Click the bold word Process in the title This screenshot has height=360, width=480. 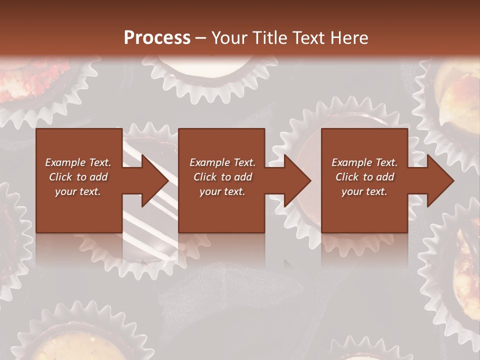157,38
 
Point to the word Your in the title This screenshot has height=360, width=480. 230,38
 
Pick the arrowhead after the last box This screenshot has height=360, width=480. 439,180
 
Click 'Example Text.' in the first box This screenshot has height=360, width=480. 78,162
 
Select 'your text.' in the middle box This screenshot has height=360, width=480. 222,191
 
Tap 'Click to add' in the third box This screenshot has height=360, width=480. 364,177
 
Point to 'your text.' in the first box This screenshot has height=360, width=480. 78,191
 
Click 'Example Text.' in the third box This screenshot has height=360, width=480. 364,162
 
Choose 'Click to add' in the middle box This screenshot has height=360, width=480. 222,177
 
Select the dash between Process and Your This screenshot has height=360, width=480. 200,38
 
